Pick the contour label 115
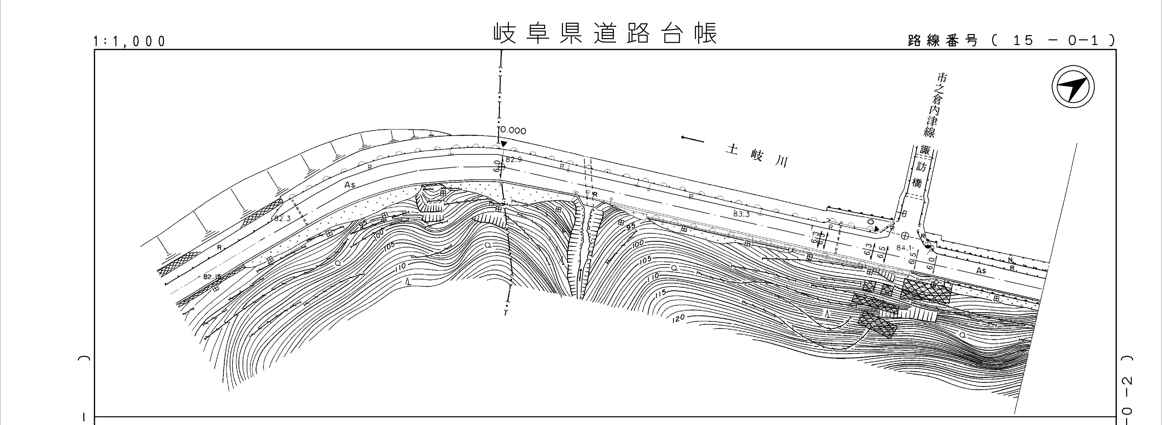tap(660, 293)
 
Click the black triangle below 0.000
tap(504, 144)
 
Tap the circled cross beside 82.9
tap(501, 167)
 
